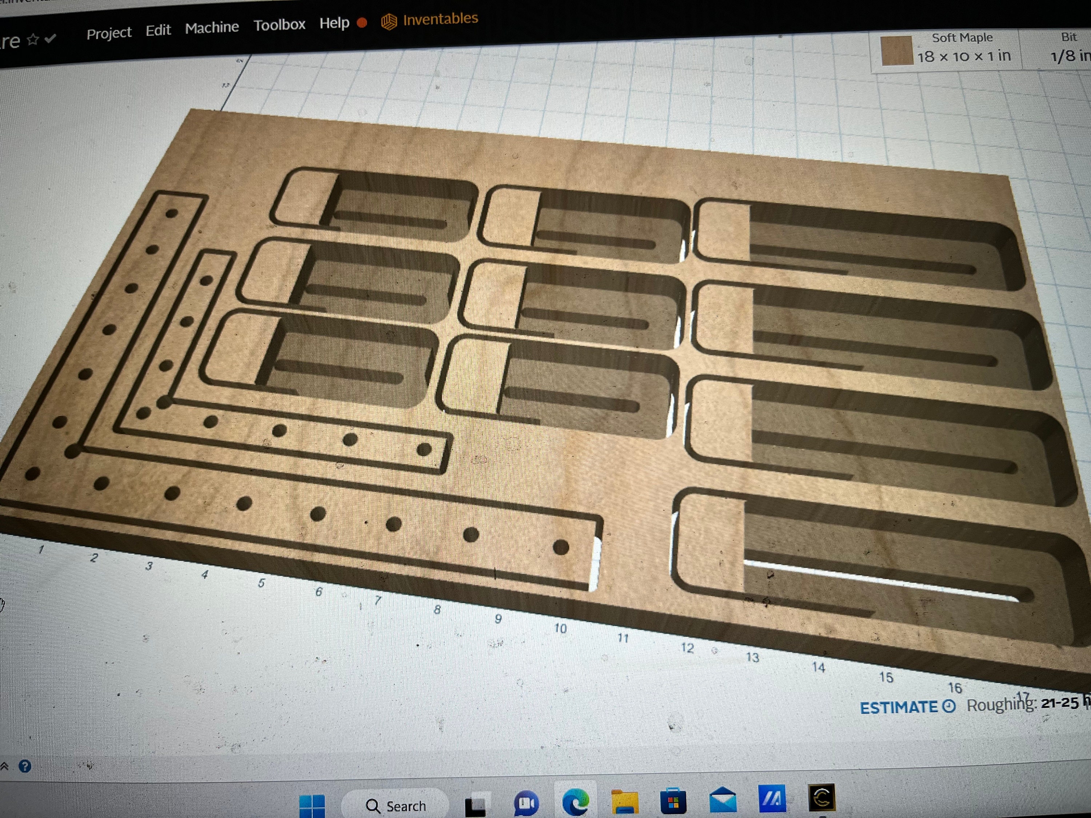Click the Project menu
pos(109,33)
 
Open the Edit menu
pos(158,31)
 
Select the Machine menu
pos(212,28)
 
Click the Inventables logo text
pos(440,19)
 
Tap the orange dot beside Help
pos(362,23)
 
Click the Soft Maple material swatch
pos(896,50)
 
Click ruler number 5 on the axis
pos(261,583)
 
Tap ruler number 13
pos(752,657)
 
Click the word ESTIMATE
pos(898,707)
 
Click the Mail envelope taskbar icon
pos(723,800)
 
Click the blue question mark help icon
pos(25,766)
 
